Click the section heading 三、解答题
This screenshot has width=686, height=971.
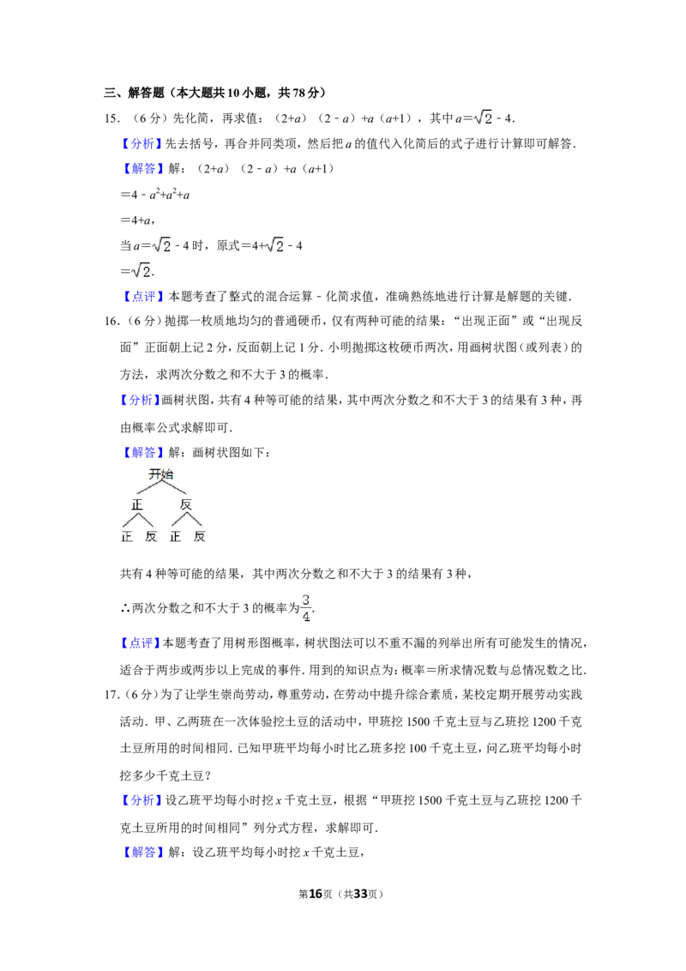(x=135, y=93)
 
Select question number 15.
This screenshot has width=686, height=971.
(x=111, y=118)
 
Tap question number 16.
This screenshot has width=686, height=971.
(x=111, y=321)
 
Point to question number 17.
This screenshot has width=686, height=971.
(x=111, y=695)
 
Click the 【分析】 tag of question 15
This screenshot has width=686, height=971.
(x=141, y=143)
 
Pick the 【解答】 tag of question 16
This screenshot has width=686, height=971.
(x=141, y=453)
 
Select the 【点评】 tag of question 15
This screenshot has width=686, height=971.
(x=141, y=297)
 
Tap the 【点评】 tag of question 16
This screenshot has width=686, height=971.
(x=141, y=643)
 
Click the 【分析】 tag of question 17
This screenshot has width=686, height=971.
(x=141, y=800)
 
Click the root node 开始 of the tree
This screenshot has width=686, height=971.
(x=161, y=474)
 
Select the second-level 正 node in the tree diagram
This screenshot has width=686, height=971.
(x=137, y=504)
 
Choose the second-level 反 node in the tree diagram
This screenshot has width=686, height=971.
(x=186, y=504)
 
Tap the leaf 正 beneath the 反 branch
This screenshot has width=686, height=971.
(x=175, y=536)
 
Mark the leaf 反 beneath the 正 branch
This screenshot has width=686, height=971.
(x=150, y=536)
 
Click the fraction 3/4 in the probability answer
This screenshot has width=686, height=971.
(x=306, y=608)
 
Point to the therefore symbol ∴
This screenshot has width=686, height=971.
(x=125, y=609)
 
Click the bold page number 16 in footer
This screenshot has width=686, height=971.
(x=316, y=894)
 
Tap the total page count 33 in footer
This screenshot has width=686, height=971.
(x=360, y=894)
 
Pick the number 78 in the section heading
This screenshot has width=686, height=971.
(x=298, y=93)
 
